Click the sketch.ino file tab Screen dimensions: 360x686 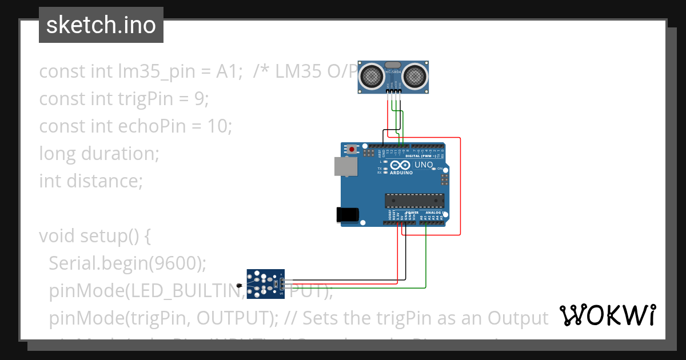point(101,26)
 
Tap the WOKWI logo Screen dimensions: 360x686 point(607,315)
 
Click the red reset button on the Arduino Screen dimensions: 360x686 point(352,150)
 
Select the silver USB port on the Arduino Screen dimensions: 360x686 point(346,166)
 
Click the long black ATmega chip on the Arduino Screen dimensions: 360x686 point(414,201)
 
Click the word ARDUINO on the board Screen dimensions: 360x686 point(401,173)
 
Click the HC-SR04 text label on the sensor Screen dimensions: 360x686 point(393,72)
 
